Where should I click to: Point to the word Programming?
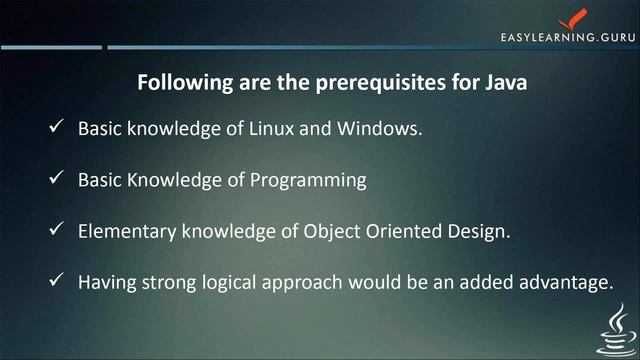314,181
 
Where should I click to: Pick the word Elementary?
128,232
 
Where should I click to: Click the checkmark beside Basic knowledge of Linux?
56,129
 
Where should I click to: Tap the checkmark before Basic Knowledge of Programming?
56,180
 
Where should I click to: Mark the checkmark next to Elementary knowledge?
56,231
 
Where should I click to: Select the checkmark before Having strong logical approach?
56,282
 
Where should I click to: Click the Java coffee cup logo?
612,329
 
